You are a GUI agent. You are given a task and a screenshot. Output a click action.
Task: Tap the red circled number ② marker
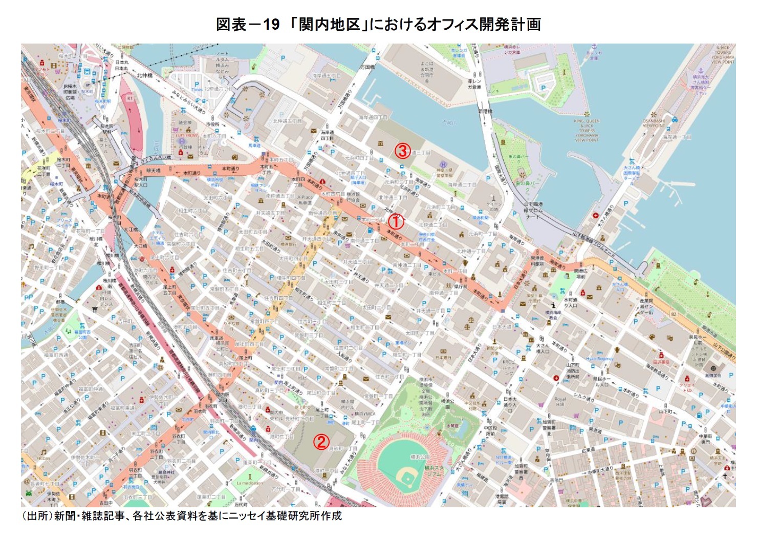[321, 442]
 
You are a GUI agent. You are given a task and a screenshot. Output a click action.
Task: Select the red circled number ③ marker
[403, 151]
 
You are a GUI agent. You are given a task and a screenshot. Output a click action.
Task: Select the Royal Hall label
[560, 401]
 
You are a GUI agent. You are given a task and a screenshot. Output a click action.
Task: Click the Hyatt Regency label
[599, 359]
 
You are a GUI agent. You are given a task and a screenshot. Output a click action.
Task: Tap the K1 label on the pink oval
[129, 98]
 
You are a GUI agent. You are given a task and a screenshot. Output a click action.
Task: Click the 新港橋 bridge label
[485, 111]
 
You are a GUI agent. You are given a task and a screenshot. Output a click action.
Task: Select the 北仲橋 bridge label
[145, 75]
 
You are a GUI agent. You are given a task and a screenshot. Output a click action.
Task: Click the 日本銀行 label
[443, 357]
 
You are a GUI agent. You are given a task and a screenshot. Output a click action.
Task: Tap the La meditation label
[250, 483]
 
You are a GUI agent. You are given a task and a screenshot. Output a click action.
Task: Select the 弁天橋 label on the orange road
[153, 170]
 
